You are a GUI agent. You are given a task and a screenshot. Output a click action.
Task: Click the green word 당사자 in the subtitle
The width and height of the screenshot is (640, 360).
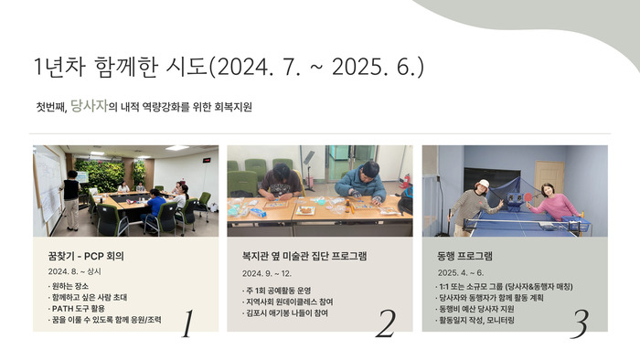tap(89, 106)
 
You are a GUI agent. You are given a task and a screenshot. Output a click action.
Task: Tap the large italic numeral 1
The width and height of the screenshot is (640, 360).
tap(187, 323)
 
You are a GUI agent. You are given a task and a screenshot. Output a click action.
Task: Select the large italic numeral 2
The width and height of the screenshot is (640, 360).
tap(385, 323)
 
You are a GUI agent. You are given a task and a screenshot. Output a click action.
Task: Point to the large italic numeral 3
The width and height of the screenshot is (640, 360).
tap(580, 324)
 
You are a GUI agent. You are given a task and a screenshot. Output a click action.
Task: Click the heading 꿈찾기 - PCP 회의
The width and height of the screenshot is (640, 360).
tap(86, 256)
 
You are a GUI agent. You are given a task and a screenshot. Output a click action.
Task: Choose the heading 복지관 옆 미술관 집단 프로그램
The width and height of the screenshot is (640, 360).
tap(304, 256)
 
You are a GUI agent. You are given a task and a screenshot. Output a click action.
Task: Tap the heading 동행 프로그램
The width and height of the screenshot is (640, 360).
tap(464, 256)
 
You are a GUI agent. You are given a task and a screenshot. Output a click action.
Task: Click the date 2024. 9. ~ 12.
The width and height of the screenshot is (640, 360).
tap(267, 273)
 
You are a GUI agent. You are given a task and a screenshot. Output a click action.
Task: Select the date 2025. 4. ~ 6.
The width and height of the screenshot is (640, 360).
tap(461, 273)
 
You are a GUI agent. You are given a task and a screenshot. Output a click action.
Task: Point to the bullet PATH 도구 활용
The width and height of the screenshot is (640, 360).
tap(77, 309)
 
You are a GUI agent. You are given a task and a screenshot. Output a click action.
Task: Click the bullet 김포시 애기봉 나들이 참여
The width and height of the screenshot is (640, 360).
tap(285, 313)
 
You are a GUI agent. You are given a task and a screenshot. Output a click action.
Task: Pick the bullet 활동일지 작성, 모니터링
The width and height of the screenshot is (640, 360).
tap(475, 320)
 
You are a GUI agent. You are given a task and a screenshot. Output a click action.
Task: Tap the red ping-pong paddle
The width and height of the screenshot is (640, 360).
tap(528, 197)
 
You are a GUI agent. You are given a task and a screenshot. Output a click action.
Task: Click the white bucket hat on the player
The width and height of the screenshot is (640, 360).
tap(483, 184)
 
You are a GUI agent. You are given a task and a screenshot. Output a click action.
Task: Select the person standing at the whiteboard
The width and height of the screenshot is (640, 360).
tap(71, 200)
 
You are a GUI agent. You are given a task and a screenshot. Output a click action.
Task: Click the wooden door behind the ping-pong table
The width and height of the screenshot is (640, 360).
tap(549, 178)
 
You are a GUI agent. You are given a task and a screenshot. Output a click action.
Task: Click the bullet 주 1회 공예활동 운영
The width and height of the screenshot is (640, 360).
tap(277, 291)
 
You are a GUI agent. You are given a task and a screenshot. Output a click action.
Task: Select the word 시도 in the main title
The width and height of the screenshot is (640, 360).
tap(187, 66)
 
